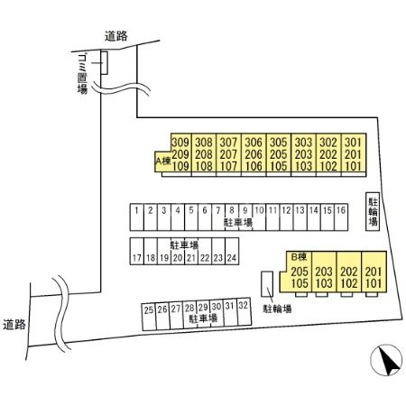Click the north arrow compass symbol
[386, 360]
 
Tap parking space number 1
[137, 217]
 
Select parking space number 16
[341, 217]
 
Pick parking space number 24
[232, 251]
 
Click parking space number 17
[137, 251]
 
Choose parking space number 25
[149, 317]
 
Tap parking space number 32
[244, 312]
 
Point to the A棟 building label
[163, 161]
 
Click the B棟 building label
[300, 257]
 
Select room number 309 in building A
[180, 143]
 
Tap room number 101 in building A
[353, 166]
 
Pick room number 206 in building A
[254, 154]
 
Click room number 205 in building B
[300, 272]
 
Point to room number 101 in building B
[374, 283]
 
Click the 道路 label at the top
[116, 36]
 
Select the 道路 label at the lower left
[14, 325]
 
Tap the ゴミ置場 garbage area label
[82, 74]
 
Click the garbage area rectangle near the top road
[104, 63]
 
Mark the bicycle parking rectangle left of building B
[267, 283]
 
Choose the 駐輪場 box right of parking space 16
[373, 212]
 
